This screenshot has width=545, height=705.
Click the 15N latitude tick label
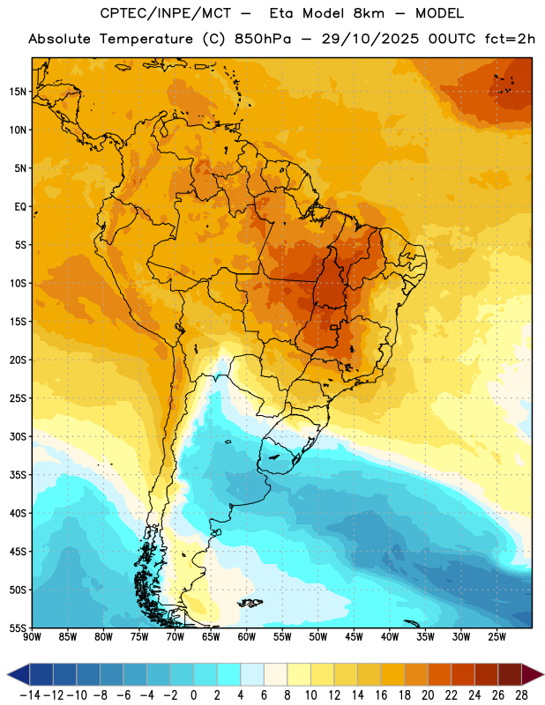[x=18, y=92]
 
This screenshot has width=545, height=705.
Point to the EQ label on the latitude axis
[x=20, y=207]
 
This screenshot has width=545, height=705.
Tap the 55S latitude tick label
[x=18, y=627]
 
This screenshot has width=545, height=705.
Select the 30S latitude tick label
[x=18, y=436]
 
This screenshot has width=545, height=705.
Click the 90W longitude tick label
[x=33, y=636]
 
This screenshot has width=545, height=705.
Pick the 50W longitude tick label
[x=318, y=636]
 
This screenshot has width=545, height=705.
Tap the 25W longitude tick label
[x=496, y=636]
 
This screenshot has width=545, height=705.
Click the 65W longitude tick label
[x=211, y=636]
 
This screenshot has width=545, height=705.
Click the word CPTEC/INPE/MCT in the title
[x=165, y=13]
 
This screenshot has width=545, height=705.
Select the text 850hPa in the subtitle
[x=263, y=39]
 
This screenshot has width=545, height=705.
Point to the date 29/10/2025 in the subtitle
[x=370, y=39]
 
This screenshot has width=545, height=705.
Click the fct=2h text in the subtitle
[x=510, y=39]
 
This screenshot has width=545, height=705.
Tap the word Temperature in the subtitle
[x=146, y=39]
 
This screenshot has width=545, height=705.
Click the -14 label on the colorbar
[x=31, y=695]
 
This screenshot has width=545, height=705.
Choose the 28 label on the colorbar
[x=521, y=695]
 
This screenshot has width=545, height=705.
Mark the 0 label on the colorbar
[x=194, y=695]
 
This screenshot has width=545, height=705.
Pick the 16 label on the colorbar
[x=381, y=695]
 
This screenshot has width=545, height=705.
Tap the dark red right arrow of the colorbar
[x=533, y=675]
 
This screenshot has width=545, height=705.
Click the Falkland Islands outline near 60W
[x=250, y=603]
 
